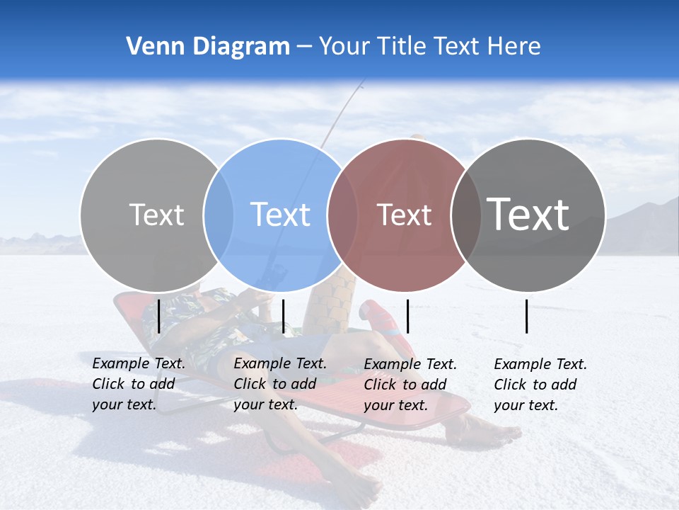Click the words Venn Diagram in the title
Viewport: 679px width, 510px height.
(208, 47)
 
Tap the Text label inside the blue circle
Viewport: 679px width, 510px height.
(280, 215)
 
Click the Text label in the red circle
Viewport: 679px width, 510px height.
(404, 215)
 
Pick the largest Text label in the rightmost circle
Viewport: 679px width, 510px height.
(528, 215)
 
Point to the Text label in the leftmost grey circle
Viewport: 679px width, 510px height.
(156, 215)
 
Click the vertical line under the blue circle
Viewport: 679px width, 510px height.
(283, 316)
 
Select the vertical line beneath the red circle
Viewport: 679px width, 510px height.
(407, 316)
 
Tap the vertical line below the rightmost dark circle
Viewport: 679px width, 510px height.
(527, 316)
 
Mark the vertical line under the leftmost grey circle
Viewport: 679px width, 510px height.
(158, 316)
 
